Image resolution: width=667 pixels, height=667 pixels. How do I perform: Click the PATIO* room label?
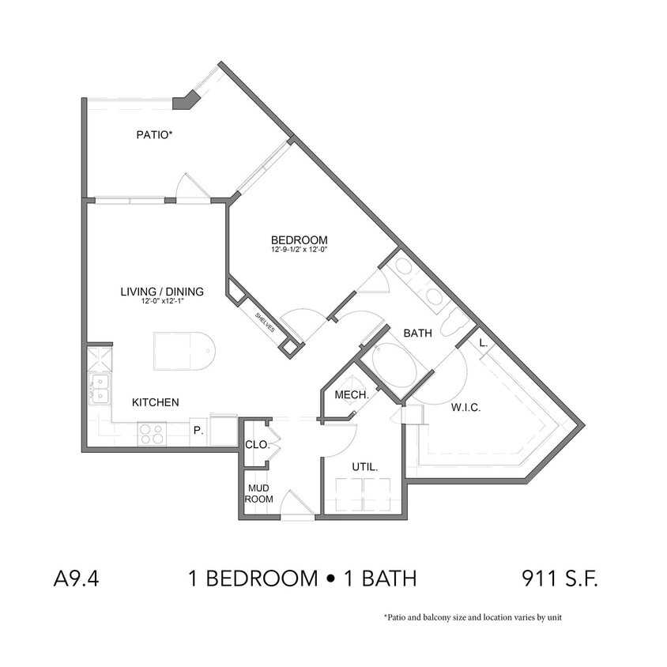[x=154, y=135]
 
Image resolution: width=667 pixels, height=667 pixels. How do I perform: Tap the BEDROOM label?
[x=299, y=240]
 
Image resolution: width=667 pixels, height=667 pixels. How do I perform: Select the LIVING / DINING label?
[x=162, y=292]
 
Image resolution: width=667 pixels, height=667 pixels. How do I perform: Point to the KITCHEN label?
[x=155, y=402]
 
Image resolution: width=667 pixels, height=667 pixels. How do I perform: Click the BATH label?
[x=417, y=333]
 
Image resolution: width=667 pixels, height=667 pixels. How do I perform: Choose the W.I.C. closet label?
[x=465, y=408]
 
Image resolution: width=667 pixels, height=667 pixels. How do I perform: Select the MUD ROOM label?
[x=258, y=494]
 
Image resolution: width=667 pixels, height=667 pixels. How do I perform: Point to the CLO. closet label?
[x=257, y=445]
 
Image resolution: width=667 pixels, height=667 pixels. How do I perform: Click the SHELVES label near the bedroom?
[x=264, y=322]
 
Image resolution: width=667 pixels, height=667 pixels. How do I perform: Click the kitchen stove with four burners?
[x=152, y=434]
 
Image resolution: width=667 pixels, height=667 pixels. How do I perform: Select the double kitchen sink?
[x=99, y=388]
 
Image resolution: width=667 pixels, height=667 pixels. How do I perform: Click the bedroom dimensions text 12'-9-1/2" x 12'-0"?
[x=299, y=250]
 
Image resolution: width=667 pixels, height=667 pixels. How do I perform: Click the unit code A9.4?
[x=75, y=578]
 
